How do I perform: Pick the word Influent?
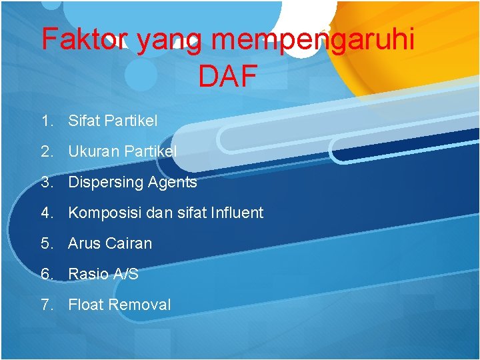tap(237, 213)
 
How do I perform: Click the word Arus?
tap(84, 244)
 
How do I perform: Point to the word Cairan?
tap(129, 244)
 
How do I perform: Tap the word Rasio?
tap(87, 274)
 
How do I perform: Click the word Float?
tap(85, 305)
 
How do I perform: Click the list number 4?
tap(46, 213)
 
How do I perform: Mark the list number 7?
tap(46, 305)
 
